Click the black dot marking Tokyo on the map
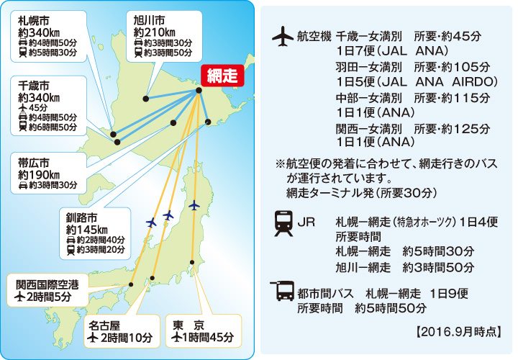[192, 261]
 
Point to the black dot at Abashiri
[201, 91]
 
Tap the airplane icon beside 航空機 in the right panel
[283, 35]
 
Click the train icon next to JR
[283, 224]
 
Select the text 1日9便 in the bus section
[449, 293]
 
